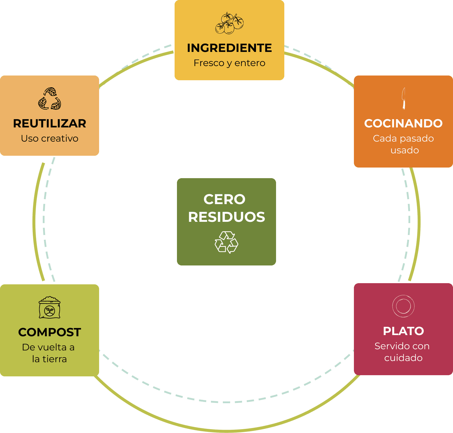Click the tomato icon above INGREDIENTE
pos(229,23)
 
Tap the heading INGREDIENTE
pos(229,48)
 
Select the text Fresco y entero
pos(229,63)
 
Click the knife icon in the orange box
pos(403,98)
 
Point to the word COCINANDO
pos(403,123)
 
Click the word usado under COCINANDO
pos(405,150)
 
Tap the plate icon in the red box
pos(403,306)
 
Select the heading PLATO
pos(403,331)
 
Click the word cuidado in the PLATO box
pos(403,358)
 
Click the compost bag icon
pos(50,308)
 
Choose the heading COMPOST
pos(50,332)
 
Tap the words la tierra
pos(50,359)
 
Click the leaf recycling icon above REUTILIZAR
pos(50,99)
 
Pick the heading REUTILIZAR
pos(50,123)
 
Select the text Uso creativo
pos(50,138)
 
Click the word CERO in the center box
pos(224,199)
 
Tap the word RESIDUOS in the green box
pos(226,217)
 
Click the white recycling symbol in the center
pos(226,242)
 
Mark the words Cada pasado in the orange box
pos(403,138)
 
